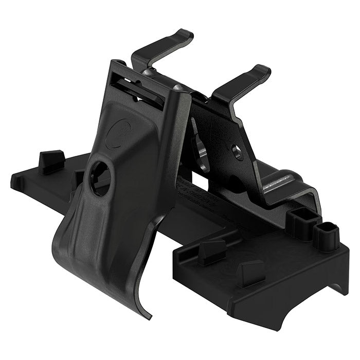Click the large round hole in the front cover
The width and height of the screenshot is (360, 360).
[x=101, y=178]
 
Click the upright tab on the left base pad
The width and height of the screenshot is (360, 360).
[x=51, y=161]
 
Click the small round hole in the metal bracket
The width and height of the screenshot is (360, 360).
[x=237, y=151]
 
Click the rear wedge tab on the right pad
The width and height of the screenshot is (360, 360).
[x=211, y=252]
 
